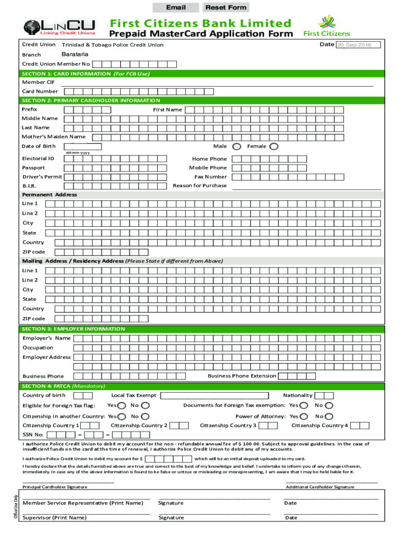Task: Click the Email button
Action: [x=175, y=7]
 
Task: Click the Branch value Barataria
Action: [x=75, y=54]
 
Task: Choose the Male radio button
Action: [x=237, y=147]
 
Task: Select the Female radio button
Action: [x=274, y=147]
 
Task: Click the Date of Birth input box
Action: [x=82, y=147]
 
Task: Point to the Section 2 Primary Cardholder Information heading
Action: [x=91, y=100]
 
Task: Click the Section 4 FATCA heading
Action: [x=63, y=386]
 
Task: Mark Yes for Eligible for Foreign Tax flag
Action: [x=122, y=406]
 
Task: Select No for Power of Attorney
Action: [x=329, y=416]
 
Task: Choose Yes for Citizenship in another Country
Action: [x=122, y=416]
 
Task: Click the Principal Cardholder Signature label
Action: [x=55, y=487]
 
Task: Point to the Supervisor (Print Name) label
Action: [x=55, y=518]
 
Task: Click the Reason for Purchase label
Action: [x=199, y=186]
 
